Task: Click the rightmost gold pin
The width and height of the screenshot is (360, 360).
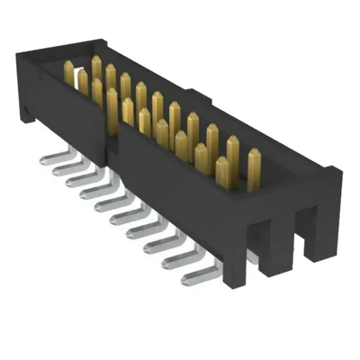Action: [x=254, y=169]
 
